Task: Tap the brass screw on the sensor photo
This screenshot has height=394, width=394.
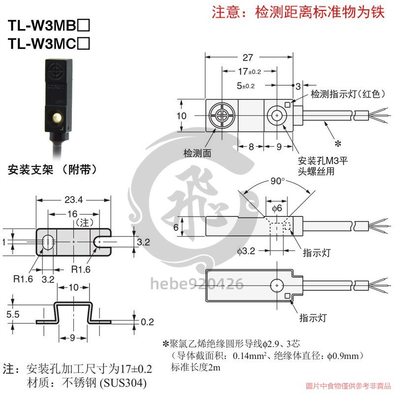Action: [x=57, y=118]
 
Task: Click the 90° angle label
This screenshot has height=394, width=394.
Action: [x=278, y=181]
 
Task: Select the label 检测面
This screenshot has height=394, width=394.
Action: [x=197, y=153]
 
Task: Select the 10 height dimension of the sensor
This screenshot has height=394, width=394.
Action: [x=181, y=115]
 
